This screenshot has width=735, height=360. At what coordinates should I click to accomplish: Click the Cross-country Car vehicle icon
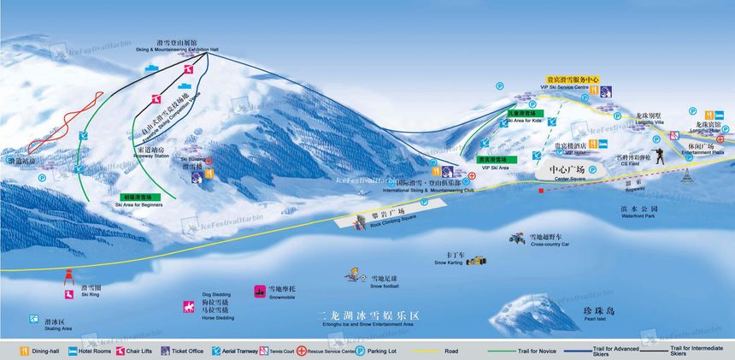click(x=517, y=237)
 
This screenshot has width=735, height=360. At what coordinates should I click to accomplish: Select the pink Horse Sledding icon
click(x=187, y=306)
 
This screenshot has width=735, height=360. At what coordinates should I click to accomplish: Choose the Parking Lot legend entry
click(x=361, y=350)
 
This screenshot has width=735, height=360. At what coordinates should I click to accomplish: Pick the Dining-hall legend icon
click(x=9, y=350)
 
